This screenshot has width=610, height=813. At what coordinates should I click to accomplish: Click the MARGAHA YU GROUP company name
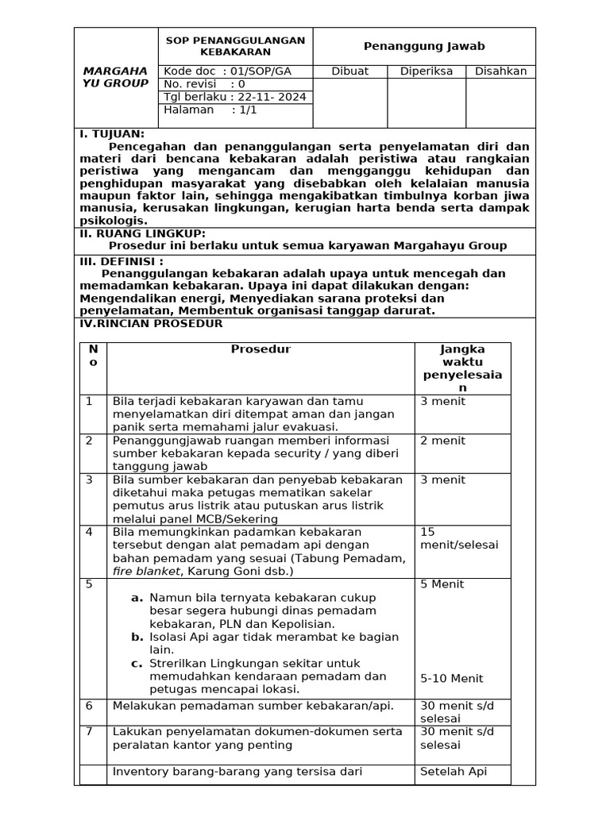point(115,77)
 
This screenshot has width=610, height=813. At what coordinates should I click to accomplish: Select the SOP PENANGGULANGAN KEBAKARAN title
point(234,46)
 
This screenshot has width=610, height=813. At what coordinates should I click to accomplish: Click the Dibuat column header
point(350,71)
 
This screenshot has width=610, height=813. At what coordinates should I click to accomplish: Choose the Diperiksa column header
point(426,71)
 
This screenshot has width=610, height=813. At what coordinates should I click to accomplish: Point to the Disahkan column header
point(500,71)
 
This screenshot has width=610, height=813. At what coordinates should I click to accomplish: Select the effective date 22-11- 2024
point(268,97)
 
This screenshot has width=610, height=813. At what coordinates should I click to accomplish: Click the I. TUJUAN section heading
point(112,134)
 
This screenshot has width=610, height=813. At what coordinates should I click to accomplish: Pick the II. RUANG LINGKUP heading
point(142,233)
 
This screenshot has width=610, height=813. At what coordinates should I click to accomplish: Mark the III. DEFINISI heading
point(122,260)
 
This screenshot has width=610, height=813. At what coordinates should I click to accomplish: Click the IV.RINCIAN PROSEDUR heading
point(151,324)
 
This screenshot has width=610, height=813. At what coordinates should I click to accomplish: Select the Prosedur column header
point(261,349)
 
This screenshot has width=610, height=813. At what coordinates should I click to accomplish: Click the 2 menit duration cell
point(442,441)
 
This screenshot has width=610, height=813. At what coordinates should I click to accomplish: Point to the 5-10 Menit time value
point(451,679)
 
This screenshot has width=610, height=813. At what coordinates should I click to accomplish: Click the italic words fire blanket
point(146,571)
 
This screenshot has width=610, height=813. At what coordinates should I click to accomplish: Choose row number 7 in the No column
point(90,731)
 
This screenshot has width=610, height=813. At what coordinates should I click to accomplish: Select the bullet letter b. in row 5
point(137,637)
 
